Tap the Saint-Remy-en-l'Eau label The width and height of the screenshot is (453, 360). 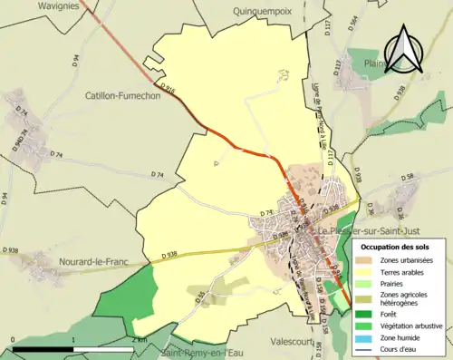point(203,353)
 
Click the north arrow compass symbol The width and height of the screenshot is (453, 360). point(402,46)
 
